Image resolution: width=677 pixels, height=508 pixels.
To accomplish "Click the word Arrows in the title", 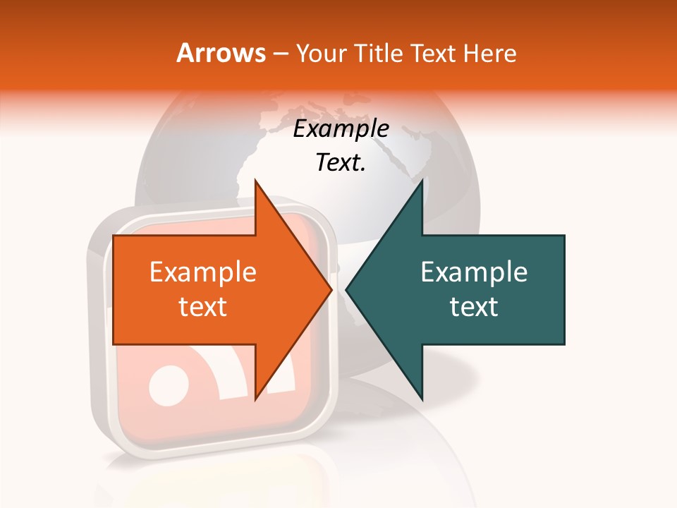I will tap(221, 53).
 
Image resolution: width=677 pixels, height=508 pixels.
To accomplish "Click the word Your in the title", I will tap(322, 53).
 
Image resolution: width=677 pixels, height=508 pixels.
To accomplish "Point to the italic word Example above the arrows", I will tap(341, 128).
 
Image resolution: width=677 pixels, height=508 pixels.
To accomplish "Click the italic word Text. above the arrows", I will tap(341, 163).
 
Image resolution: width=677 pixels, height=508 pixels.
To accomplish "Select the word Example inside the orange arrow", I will tap(202, 272).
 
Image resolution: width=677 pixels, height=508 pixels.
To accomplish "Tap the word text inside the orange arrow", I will tap(202, 306).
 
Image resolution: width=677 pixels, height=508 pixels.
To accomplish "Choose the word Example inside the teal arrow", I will tap(474, 272).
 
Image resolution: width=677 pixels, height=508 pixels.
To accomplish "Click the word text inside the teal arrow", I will tap(474, 306).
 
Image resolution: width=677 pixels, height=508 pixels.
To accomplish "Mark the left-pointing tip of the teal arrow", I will tap(348, 289).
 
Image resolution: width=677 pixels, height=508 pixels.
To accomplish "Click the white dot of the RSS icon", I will tap(166, 385).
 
